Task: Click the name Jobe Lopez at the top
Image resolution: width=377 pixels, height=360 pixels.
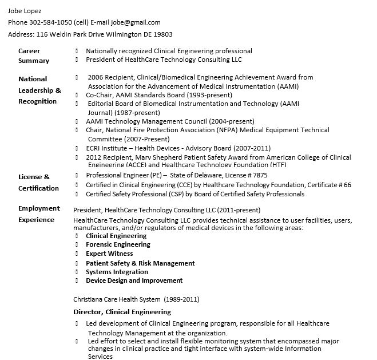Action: pos(25,11)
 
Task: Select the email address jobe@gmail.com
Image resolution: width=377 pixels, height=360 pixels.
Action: pos(136,22)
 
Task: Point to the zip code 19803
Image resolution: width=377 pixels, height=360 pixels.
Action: pos(162,34)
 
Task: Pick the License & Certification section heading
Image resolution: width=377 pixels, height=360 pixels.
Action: pos(38,182)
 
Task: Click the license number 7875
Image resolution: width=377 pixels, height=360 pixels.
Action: pos(260,175)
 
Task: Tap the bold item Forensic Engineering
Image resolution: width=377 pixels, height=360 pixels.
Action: pos(118,244)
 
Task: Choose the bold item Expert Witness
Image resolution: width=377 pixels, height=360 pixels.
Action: pos(109,254)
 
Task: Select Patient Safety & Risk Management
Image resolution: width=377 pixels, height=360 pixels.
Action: pos(140,263)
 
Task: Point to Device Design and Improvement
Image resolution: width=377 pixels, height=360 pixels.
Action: pos(134,280)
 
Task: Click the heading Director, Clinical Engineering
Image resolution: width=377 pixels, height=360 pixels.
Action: pos(122,312)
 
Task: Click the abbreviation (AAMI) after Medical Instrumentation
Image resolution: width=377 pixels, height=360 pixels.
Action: pos(287,86)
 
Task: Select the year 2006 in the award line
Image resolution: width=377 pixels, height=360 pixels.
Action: pos(95,77)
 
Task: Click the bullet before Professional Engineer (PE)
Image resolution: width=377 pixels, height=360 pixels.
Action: pos(77,175)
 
